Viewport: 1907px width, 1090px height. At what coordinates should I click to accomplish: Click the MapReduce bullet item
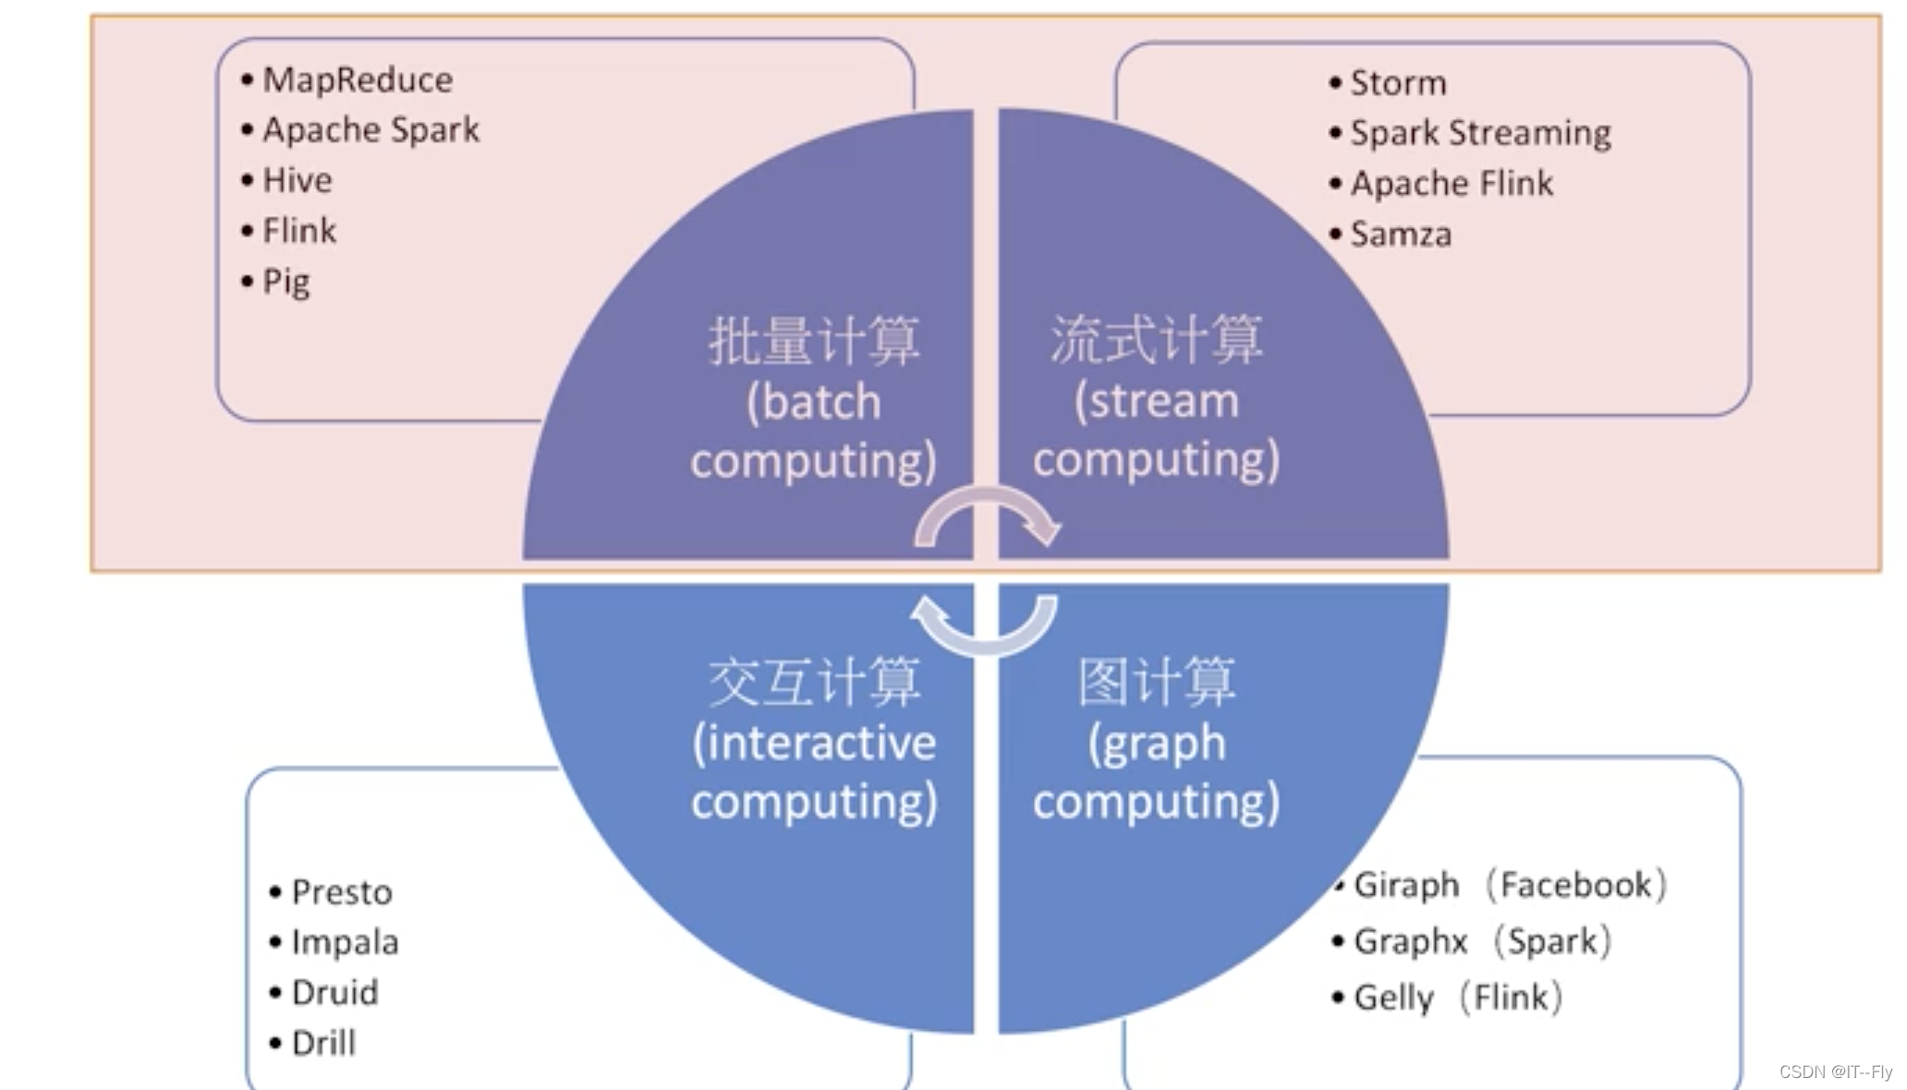click(357, 80)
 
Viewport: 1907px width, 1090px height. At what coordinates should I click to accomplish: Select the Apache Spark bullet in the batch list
click(370, 130)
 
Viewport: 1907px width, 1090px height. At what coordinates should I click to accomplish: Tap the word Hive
click(297, 180)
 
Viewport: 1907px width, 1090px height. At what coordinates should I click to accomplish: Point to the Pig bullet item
click(285, 281)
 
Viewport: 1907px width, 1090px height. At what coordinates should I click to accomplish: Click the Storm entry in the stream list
click(1397, 83)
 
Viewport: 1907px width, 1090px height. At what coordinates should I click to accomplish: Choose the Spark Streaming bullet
click(1479, 133)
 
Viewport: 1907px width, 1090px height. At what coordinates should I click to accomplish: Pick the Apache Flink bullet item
click(1451, 184)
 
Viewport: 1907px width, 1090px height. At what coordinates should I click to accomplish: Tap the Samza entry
click(1400, 235)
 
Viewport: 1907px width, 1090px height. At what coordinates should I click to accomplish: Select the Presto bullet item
click(341, 892)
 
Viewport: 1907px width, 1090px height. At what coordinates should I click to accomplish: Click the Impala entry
click(345, 942)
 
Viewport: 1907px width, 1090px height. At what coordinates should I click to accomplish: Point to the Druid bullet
click(334, 993)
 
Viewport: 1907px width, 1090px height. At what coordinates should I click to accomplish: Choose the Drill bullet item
click(323, 1044)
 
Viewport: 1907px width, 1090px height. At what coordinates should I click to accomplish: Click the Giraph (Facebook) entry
click(1509, 885)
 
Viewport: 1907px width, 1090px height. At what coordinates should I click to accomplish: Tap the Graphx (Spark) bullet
click(1481, 941)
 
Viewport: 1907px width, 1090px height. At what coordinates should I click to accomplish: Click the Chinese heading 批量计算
click(814, 341)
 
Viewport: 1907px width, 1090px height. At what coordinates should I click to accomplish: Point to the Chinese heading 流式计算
click(1156, 339)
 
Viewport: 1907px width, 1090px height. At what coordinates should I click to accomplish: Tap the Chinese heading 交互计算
click(814, 683)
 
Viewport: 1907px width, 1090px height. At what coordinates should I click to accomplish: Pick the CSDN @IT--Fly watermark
click(1835, 1072)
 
